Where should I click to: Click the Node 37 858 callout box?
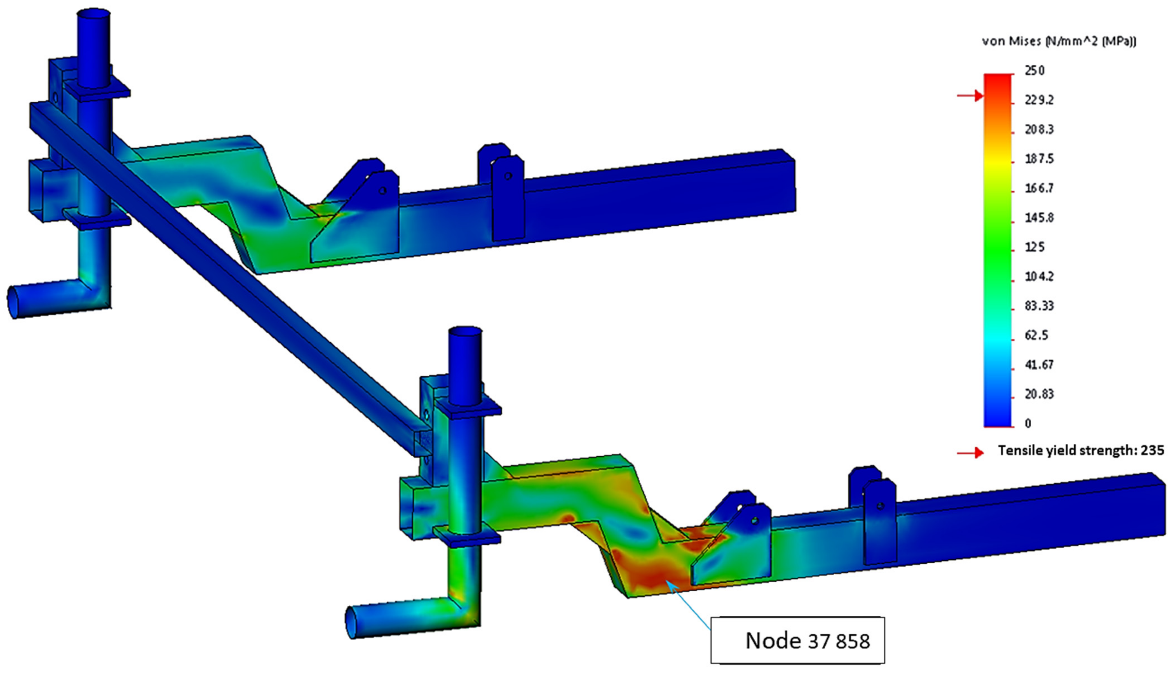click(x=797, y=640)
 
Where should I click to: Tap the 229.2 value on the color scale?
click(x=1039, y=100)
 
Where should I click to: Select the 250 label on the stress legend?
click(x=1034, y=70)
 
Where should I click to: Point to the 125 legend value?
click(x=1034, y=247)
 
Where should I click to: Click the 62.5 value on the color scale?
click(x=1036, y=335)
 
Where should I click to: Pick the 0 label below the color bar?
click(x=1028, y=423)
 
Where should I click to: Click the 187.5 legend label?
click(x=1039, y=159)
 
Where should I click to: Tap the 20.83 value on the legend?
click(x=1039, y=394)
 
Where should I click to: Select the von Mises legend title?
click(x=1059, y=41)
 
